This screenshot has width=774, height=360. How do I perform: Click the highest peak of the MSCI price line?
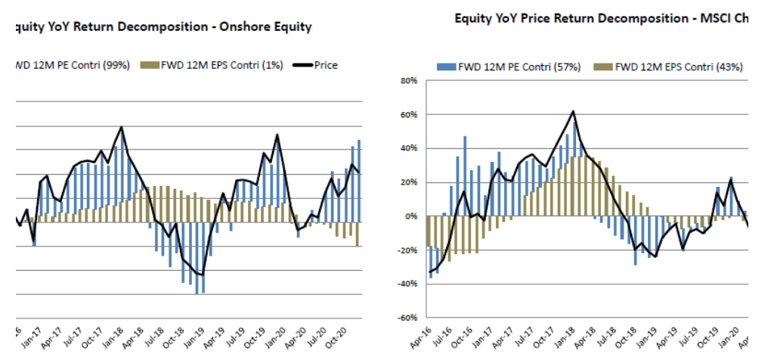point(573,112)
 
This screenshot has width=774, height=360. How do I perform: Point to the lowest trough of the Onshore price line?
point(202,275)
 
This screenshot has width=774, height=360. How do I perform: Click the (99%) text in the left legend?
point(117,65)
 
